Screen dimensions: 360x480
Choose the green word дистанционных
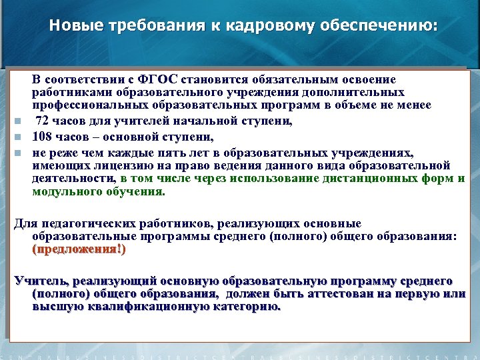point(355,179)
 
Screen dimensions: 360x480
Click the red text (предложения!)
point(78,249)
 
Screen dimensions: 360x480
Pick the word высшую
point(55,307)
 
